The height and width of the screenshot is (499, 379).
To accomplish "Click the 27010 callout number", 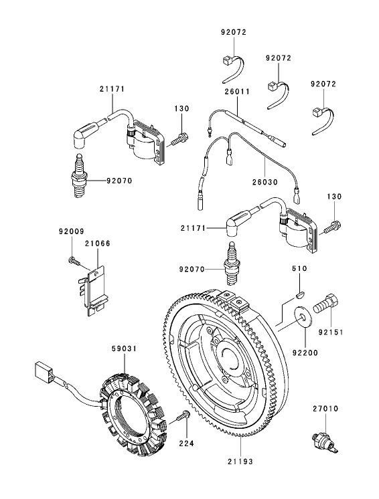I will [x=324, y=407].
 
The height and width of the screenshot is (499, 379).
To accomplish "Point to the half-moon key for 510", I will [x=300, y=291].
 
